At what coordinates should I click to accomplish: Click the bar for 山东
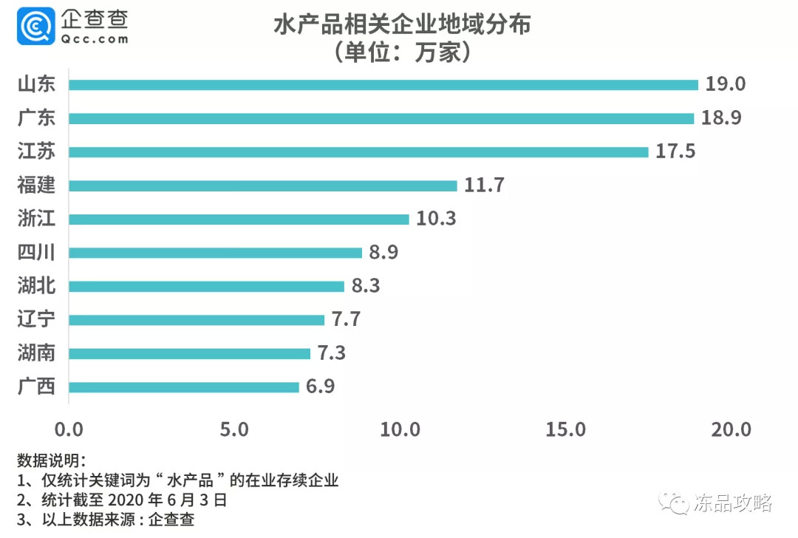click(x=383, y=85)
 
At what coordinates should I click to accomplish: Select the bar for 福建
click(x=263, y=185)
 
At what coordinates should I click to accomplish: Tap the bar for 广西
click(x=184, y=387)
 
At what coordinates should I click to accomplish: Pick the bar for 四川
click(x=216, y=253)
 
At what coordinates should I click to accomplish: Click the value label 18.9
click(x=721, y=118)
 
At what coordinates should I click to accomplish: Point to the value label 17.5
click(x=675, y=151)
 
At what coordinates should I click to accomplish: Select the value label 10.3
click(x=436, y=219)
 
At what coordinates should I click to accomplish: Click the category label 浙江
click(x=36, y=219)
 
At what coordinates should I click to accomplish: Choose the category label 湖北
click(x=36, y=286)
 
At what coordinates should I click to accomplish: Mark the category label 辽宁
click(x=36, y=319)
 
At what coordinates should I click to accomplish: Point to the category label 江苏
click(x=36, y=151)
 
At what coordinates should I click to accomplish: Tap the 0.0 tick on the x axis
click(x=69, y=429)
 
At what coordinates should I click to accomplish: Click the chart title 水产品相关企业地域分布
click(x=402, y=25)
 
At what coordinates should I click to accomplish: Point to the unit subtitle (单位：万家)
click(x=402, y=52)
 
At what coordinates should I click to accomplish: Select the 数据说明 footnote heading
click(x=52, y=460)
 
